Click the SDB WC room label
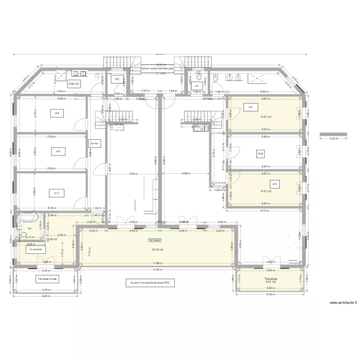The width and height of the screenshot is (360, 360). [74, 84]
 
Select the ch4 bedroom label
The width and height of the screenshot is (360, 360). [57, 114]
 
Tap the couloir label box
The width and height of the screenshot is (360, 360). [94, 143]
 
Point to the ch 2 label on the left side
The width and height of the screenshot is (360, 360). [57, 192]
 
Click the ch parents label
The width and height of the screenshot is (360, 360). [35, 250]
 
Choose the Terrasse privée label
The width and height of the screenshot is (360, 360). [47, 278]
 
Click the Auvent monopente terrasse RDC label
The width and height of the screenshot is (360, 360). [150, 283]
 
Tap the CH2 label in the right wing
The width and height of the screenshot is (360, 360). [261, 154]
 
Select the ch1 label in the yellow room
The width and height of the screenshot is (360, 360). [250, 107]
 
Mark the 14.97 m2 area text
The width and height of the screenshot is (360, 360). [265, 116]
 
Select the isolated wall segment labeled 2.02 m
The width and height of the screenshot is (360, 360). [332, 135]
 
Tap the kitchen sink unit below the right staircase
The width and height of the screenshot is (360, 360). [198, 127]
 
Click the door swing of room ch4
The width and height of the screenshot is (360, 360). [77, 126]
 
